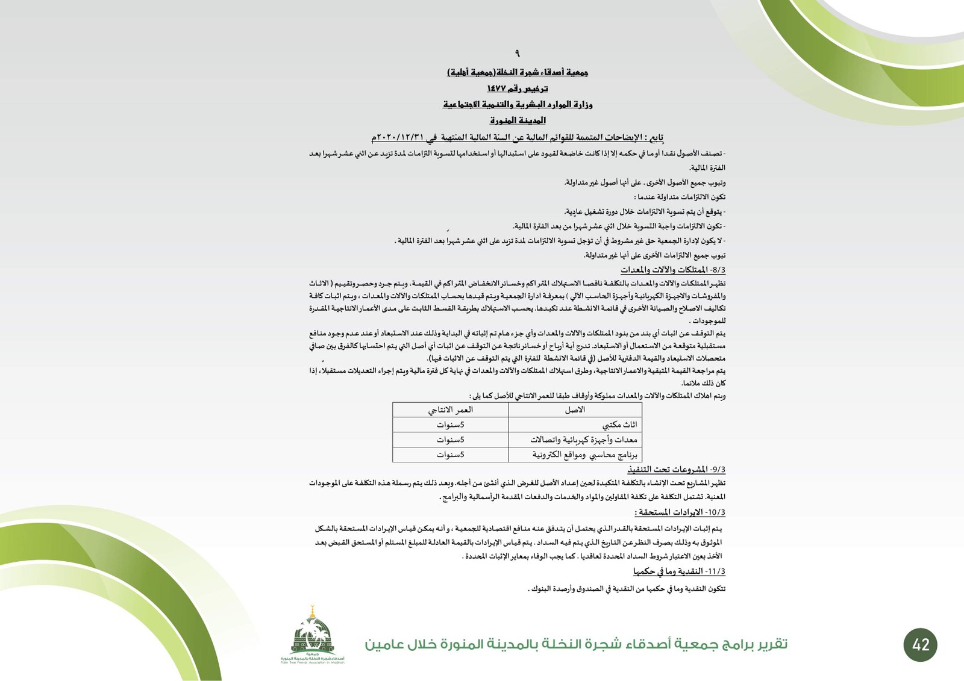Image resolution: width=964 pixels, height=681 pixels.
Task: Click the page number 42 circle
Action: (x=921, y=644)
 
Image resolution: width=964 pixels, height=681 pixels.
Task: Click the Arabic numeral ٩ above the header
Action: (x=517, y=54)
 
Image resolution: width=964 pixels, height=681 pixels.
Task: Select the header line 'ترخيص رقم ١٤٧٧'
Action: (x=518, y=89)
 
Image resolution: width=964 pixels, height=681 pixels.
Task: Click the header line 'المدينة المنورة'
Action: (x=518, y=120)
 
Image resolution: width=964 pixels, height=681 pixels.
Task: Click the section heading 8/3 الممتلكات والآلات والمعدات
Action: (x=673, y=270)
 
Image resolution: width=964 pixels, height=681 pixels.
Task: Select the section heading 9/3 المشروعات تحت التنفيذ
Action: (x=676, y=469)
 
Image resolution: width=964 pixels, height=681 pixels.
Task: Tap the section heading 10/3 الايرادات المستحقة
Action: (x=680, y=512)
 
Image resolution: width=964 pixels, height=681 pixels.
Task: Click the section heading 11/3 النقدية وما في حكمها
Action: (x=679, y=571)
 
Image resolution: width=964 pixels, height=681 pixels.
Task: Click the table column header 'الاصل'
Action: (x=575, y=410)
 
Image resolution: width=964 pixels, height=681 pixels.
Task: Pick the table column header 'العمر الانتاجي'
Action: (x=451, y=410)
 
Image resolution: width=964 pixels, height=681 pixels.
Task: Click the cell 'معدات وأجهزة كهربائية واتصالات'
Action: (x=583, y=440)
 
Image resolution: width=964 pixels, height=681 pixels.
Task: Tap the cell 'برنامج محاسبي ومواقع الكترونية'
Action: (x=584, y=455)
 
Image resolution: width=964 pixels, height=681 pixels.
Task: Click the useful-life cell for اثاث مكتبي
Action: (x=451, y=425)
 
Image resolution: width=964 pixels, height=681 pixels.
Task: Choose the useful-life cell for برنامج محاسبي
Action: (x=451, y=455)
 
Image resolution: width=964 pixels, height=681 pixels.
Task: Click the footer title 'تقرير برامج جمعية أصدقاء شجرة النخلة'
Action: (x=575, y=644)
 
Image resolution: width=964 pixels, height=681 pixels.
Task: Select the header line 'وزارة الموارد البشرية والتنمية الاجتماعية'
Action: (x=518, y=105)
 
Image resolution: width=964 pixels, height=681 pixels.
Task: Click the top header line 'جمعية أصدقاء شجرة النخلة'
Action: (x=518, y=72)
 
